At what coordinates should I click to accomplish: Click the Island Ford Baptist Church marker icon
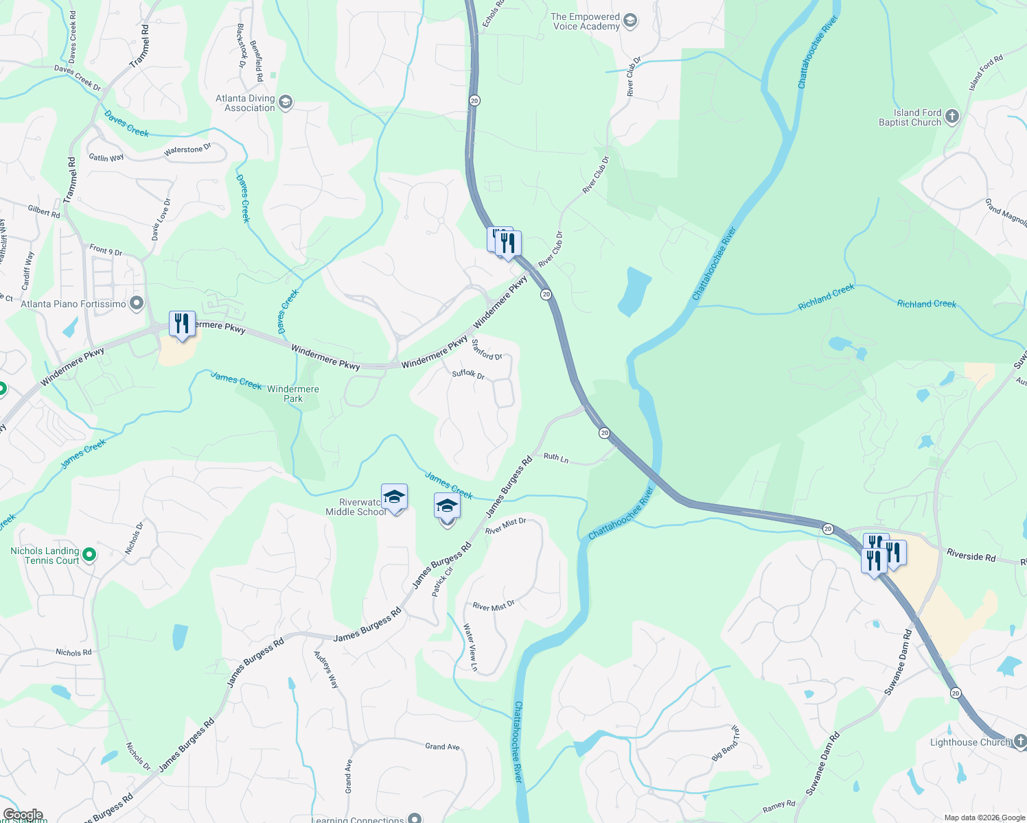point(951,117)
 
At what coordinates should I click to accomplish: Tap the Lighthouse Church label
point(970,742)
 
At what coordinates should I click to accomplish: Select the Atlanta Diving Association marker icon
point(286,103)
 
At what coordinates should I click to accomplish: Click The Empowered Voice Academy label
point(585,21)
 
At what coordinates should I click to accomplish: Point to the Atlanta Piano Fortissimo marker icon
point(137,303)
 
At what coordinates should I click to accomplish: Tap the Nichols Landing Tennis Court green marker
point(89,554)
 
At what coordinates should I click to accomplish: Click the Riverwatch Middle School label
point(356,508)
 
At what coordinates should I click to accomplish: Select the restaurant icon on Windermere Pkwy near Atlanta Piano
point(182,323)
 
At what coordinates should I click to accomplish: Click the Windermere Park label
point(293,394)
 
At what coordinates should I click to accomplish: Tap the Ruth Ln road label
point(556,457)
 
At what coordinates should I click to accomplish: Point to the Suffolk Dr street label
point(468,374)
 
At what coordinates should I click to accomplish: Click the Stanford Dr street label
point(487,350)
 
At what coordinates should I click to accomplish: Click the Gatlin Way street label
point(106,158)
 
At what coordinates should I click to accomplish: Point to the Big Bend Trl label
point(726,743)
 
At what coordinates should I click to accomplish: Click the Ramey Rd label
point(778,807)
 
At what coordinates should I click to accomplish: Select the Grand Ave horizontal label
point(442,746)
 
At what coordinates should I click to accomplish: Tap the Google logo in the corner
point(23,815)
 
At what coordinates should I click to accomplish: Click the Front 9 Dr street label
point(106,250)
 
